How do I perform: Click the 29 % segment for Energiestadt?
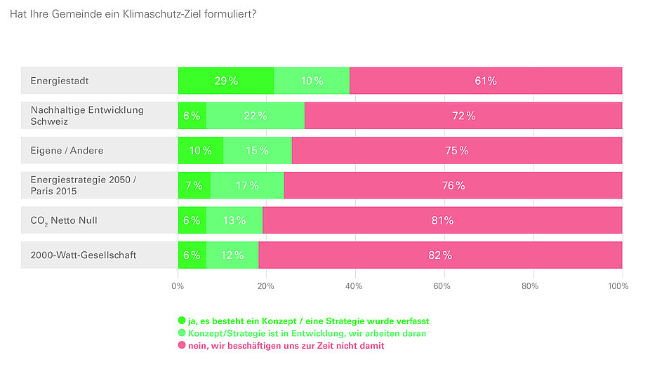coord(226,81)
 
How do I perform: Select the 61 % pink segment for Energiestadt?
coord(486,81)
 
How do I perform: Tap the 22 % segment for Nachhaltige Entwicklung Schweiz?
coord(255,116)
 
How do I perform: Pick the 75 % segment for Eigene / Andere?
coord(457,151)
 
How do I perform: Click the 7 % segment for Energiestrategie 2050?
coord(194,186)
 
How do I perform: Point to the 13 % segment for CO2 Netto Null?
coord(234,220)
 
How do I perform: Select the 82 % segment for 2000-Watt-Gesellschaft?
coord(440,255)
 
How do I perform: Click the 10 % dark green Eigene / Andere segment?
coord(201,151)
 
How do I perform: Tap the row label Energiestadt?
coord(60,81)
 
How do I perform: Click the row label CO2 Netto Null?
coord(64,220)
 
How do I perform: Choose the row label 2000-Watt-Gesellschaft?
coord(84,255)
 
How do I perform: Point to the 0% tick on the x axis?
coord(178,286)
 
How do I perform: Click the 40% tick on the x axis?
coord(354,286)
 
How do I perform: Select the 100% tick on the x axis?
coord(618,286)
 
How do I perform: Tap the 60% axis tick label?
coord(442,286)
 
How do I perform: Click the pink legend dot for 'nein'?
coord(182,346)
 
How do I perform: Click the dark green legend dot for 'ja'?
coord(182,321)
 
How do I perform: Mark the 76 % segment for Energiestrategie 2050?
coord(453,186)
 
